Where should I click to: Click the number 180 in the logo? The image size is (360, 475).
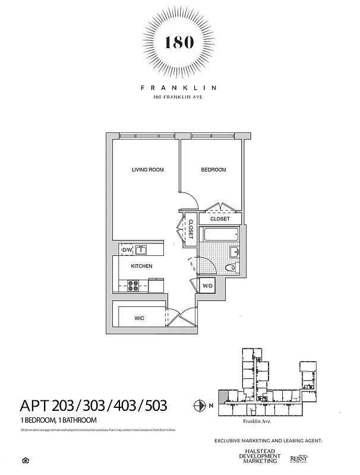click(x=179, y=43)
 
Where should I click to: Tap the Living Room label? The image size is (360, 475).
click(x=147, y=170)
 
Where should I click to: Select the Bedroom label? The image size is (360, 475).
click(x=213, y=170)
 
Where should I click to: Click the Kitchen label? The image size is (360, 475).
click(x=141, y=266)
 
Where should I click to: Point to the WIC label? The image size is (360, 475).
click(x=139, y=318)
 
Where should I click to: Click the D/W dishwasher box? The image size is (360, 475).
click(x=127, y=250)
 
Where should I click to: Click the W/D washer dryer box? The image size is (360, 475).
click(x=207, y=286)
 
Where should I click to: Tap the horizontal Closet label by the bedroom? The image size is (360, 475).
click(x=220, y=219)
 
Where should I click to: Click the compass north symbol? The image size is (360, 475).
click(x=200, y=406)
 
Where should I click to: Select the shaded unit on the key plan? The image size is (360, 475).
click(x=222, y=395)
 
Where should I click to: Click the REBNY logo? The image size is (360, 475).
click(x=298, y=458)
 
